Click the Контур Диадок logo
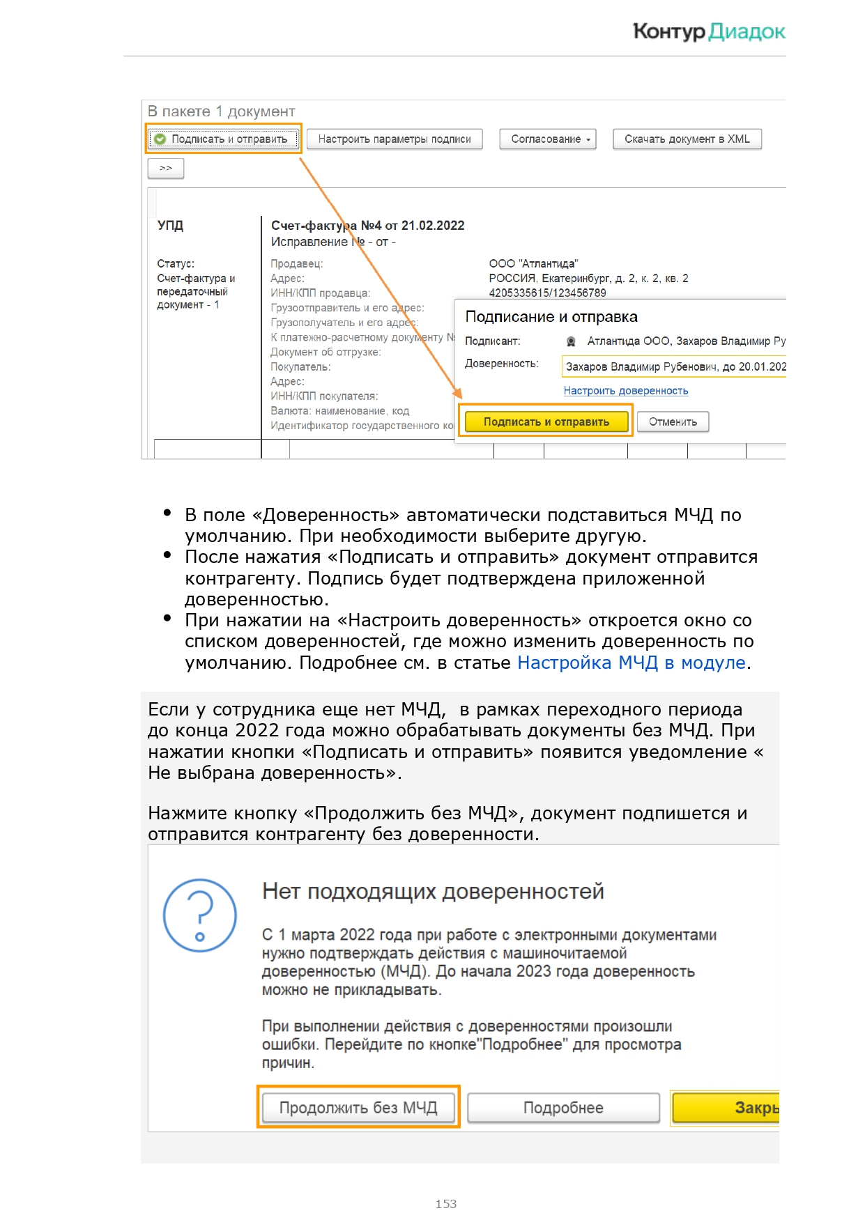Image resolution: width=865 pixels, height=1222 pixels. click(708, 31)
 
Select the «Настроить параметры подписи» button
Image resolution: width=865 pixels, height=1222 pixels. click(395, 139)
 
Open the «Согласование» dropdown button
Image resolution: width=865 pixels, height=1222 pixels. click(548, 139)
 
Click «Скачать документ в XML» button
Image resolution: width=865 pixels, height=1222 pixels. click(687, 139)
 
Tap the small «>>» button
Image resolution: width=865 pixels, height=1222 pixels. click(166, 169)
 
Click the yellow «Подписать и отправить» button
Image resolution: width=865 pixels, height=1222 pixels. click(546, 421)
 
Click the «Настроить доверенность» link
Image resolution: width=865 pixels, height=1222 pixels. click(625, 391)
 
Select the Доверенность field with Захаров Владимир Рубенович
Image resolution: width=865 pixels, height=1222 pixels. click(673, 366)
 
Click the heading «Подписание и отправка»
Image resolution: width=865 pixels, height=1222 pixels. click(551, 317)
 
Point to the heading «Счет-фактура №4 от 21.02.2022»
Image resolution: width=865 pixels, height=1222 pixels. click(367, 226)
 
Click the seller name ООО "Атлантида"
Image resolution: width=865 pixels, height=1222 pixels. click(533, 264)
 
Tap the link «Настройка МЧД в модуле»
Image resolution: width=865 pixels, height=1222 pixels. click(631, 663)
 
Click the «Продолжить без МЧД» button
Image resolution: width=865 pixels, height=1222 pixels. click(358, 1107)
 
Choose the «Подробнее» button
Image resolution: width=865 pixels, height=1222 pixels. click(563, 1107)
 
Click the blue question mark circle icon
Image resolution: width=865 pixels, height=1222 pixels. click(199, 915)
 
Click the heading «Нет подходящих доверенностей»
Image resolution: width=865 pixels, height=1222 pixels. click(433, 891)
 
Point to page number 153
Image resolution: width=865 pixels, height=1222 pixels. click(445, 1204)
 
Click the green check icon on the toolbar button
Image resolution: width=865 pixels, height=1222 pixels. click(160, 139)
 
